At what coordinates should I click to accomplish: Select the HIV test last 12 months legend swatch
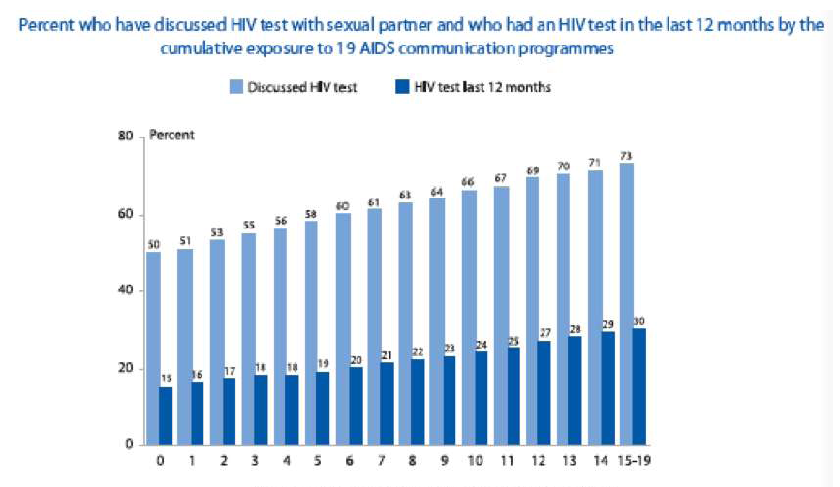398,88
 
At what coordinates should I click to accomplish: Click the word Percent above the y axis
171,136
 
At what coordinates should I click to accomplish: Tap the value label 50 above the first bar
153,246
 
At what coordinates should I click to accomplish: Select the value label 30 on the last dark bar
639,321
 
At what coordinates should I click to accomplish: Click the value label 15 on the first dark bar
166,379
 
